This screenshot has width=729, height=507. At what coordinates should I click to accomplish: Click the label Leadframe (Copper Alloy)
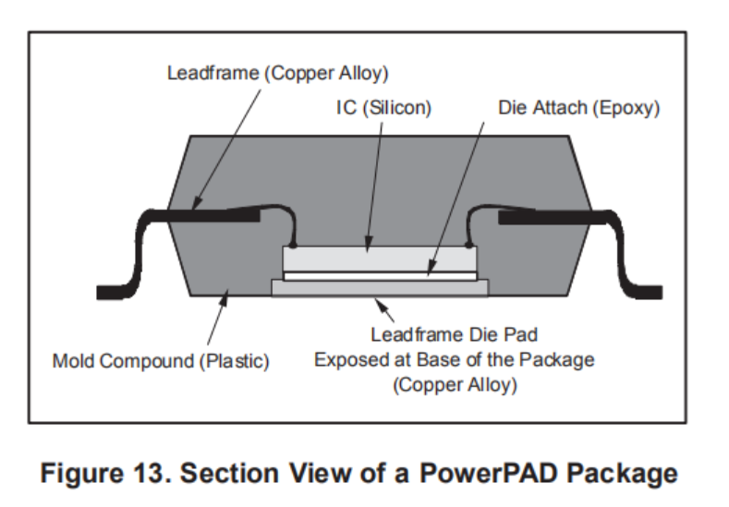[276, 73]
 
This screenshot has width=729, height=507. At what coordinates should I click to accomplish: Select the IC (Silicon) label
[383, 108]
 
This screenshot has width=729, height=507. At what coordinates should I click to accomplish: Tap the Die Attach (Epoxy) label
[578, 108]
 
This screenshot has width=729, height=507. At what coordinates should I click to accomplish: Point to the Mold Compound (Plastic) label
[161, 360]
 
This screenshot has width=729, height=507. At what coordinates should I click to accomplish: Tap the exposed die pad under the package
[379, 287]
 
